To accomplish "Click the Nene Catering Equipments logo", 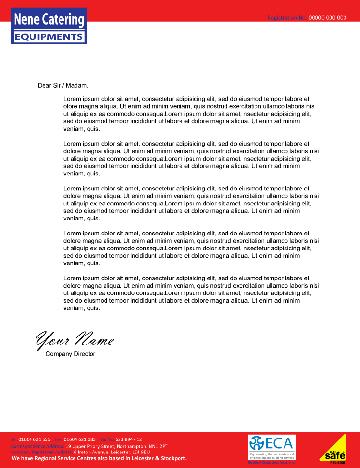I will (49, 26).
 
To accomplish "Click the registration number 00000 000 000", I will (328, 18).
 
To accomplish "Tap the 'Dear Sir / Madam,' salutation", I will (63, 86).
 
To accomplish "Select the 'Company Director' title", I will (71, 354).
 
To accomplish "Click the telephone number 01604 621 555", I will (34, 439).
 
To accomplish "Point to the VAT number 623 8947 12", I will (129, 439).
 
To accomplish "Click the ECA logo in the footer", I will (271, 448).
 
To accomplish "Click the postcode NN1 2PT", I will (157, 446).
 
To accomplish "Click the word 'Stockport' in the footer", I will (169, 458).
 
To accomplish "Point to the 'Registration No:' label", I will (287, 18).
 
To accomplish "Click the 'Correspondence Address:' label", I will (37, 446).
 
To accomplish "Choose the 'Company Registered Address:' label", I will (42, 452).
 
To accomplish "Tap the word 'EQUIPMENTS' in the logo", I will (49, 37).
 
